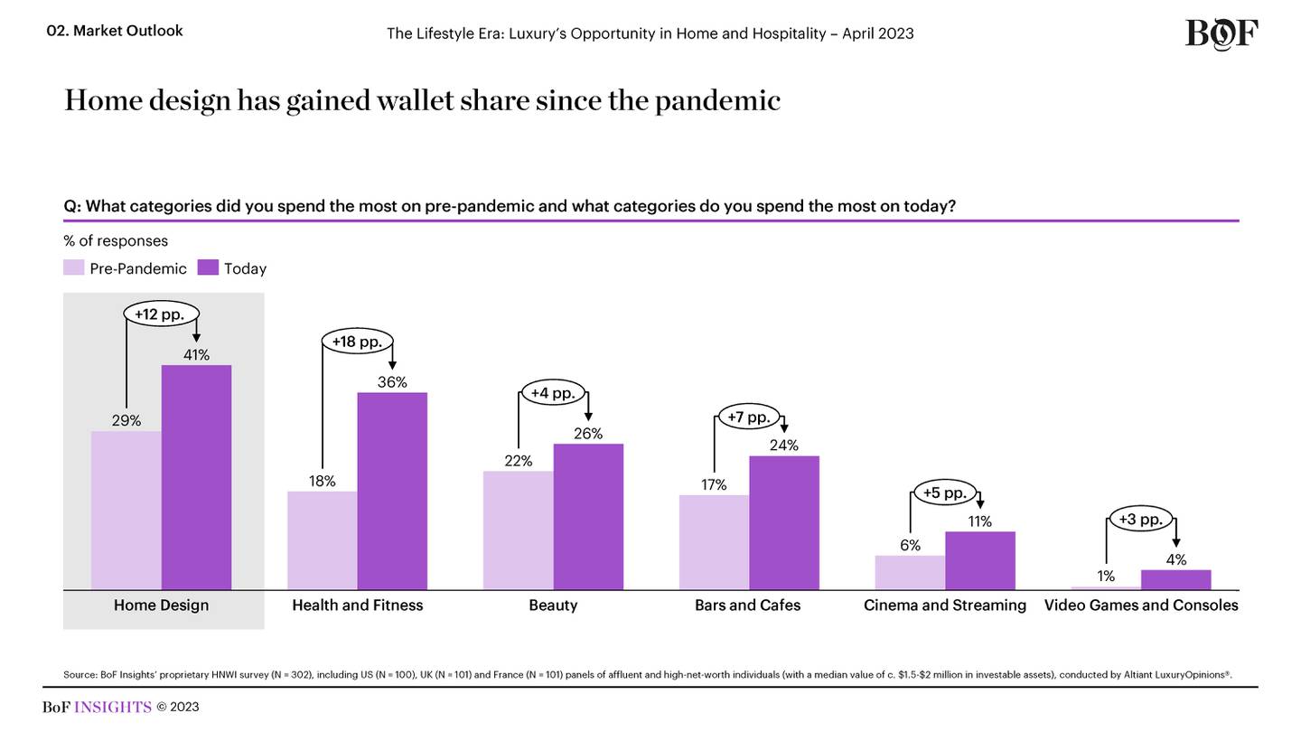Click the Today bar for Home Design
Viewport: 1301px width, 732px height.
pos(196,477)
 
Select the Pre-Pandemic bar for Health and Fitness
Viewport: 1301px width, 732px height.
pos(322,540)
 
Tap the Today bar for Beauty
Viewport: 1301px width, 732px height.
pos(588,517)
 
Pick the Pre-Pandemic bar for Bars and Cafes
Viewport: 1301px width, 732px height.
pos(714,542)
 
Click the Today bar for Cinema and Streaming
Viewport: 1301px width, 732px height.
pos(980,560)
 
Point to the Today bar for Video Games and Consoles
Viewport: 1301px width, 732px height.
pos(1175,579)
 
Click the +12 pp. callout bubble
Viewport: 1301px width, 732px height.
pos(160,314)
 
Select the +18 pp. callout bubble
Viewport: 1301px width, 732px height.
pos(357,342)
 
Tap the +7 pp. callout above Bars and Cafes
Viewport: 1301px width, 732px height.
pos(749,417)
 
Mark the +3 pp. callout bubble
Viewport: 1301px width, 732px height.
pos(1140,519)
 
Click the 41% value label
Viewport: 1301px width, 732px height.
pos(196,355)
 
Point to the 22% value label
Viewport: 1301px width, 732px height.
pos(518,461)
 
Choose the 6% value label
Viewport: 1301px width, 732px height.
pos(910,545)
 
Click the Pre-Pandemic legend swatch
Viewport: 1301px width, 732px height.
pos(74,268)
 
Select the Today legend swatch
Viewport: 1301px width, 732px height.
pos(208,268)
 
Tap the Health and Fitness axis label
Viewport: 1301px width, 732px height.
pos(357,605)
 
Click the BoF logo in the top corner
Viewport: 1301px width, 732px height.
pos(1221,34)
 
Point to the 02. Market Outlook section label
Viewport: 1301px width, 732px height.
pos(115,31)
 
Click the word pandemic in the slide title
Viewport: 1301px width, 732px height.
pos(717,101)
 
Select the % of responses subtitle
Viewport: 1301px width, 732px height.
pos(116,240)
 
